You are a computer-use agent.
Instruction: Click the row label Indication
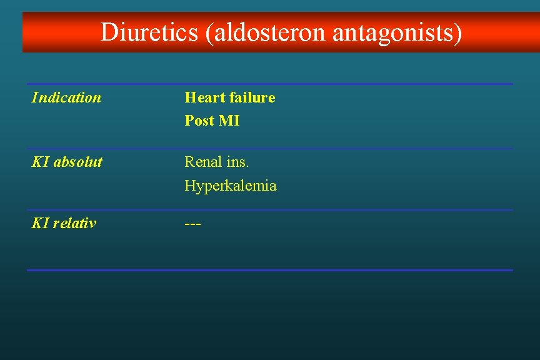pos(66,97)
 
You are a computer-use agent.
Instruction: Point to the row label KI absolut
pos(67,162)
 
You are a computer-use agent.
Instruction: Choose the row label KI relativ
pos(64,223)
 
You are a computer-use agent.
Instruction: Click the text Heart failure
pos(229,97)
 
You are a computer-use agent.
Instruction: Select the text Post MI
pos(212,121)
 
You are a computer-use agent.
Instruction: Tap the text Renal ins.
pos(216,162)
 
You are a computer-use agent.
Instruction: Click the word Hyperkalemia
pos(230,186)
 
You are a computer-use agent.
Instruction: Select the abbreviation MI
pos(229,121)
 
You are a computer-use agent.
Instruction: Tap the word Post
pos(199,121)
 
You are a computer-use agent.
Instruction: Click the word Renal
pos(202,162)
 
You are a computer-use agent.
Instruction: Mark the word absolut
pos(78,162)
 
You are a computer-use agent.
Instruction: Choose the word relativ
pos(75,223)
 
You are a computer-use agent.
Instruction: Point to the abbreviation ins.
pos(237,162)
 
